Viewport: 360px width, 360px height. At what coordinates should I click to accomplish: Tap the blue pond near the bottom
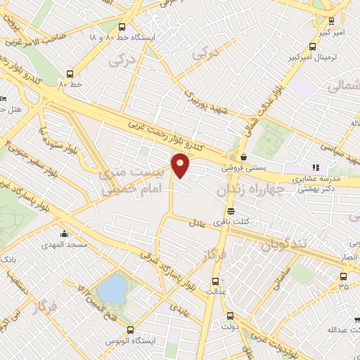click(x=110, y=288)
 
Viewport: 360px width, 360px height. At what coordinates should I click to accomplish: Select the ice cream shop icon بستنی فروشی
click(x=243, y=157)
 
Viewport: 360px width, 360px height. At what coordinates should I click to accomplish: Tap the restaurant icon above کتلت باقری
click(x=230, y=211)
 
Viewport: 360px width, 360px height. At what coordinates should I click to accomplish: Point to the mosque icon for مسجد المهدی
click(x=65, y=234)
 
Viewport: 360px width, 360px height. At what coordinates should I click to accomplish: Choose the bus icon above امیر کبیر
click(x=330, y=22)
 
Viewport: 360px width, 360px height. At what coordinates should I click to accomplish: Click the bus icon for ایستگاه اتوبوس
click(x=130, y=329)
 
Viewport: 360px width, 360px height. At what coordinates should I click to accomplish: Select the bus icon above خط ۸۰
click(x=70, y=72)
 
